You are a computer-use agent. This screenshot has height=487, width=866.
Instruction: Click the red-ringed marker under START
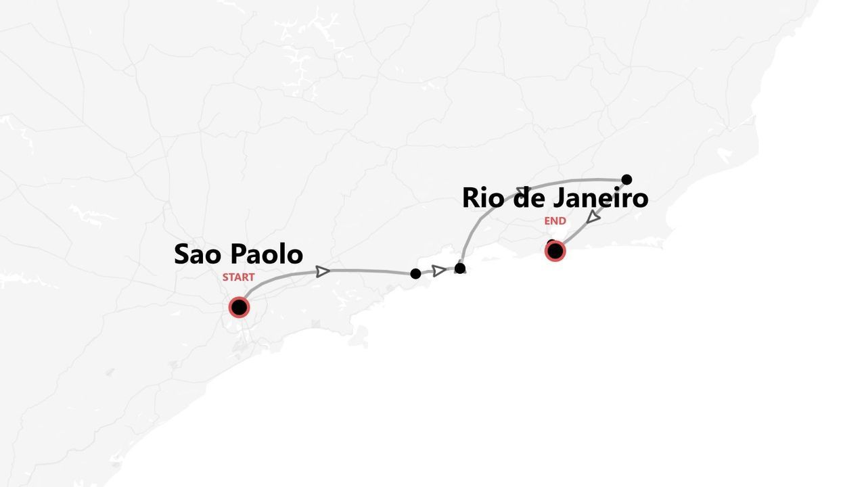pyautogui.click(x=239, y=307)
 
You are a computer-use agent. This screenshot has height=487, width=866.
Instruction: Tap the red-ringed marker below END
pyautogui.click(x=555, y=251)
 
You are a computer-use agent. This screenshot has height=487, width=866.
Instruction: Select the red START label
pyautogui.click(x=238, y=277)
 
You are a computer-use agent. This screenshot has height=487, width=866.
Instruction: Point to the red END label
pyautogui.click(x=555, y=221)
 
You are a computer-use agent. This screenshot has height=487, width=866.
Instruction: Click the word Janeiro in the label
pyautogui.click(x=601, y=198)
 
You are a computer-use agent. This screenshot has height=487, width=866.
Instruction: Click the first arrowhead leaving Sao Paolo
pyautogui.click(x=323, y=271)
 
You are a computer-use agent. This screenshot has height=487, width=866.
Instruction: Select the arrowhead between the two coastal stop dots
pyautogui.click(x=439, y=271)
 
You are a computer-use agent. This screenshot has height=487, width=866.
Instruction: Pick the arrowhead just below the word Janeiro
pyautogui.click(x=593, y=217)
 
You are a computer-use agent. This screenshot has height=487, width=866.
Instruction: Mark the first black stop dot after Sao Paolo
pyautogui.click(x=415, y=273)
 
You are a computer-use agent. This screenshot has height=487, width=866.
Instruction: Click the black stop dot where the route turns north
pyautogui.click(x=460, y=269)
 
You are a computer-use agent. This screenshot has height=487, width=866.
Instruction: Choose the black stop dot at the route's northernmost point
pyautogui.click(x=626, y=179)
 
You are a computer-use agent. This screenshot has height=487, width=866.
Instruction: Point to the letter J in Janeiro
pyautogui.click(x=560, y=198)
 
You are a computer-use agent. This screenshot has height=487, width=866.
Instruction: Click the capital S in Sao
pyautogui.click(x=182, y=254)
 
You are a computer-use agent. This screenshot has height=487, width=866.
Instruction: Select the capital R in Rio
pyautogui.click(x=471, y=198)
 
